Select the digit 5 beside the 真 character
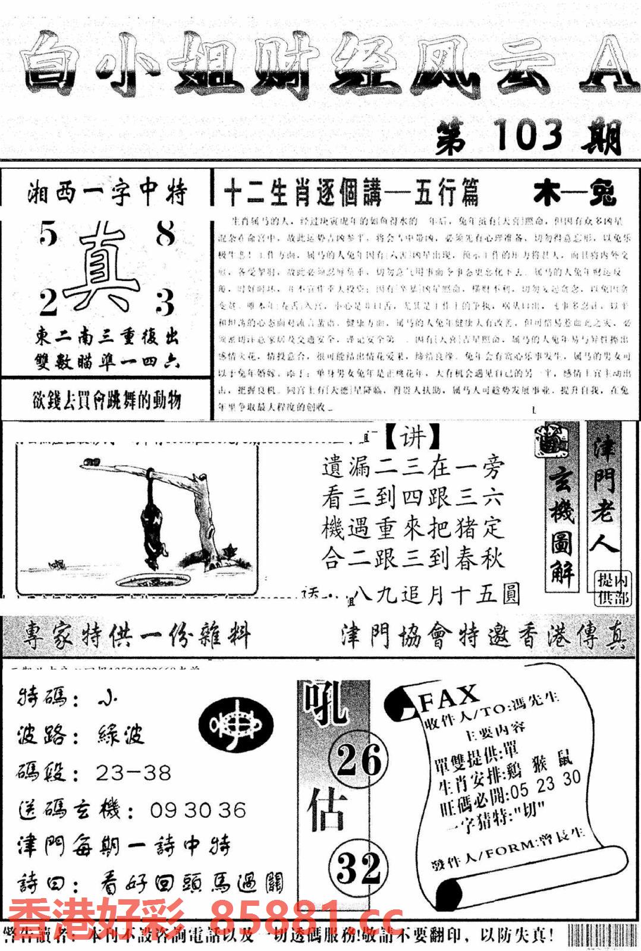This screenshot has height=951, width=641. pyautogui.click(x=49, y=234)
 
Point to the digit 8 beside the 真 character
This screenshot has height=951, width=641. pyautogui.click(x=166, y=234)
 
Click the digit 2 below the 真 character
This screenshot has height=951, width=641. pyautogui.click(x=49, y=301)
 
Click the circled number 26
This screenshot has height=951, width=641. pyautogui.click(x=359, y=760)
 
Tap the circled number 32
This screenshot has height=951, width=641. pyautogui.click(x=359, y=867)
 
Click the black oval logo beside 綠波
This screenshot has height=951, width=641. pyautogui.click(x=236, y=726)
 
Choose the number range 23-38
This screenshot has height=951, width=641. pyautogui.click(x=133, y=773)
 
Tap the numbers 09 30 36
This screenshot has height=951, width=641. pyautogui.click(x=198, y=810)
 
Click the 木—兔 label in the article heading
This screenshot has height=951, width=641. pyautogui.click(x=574, y=194)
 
